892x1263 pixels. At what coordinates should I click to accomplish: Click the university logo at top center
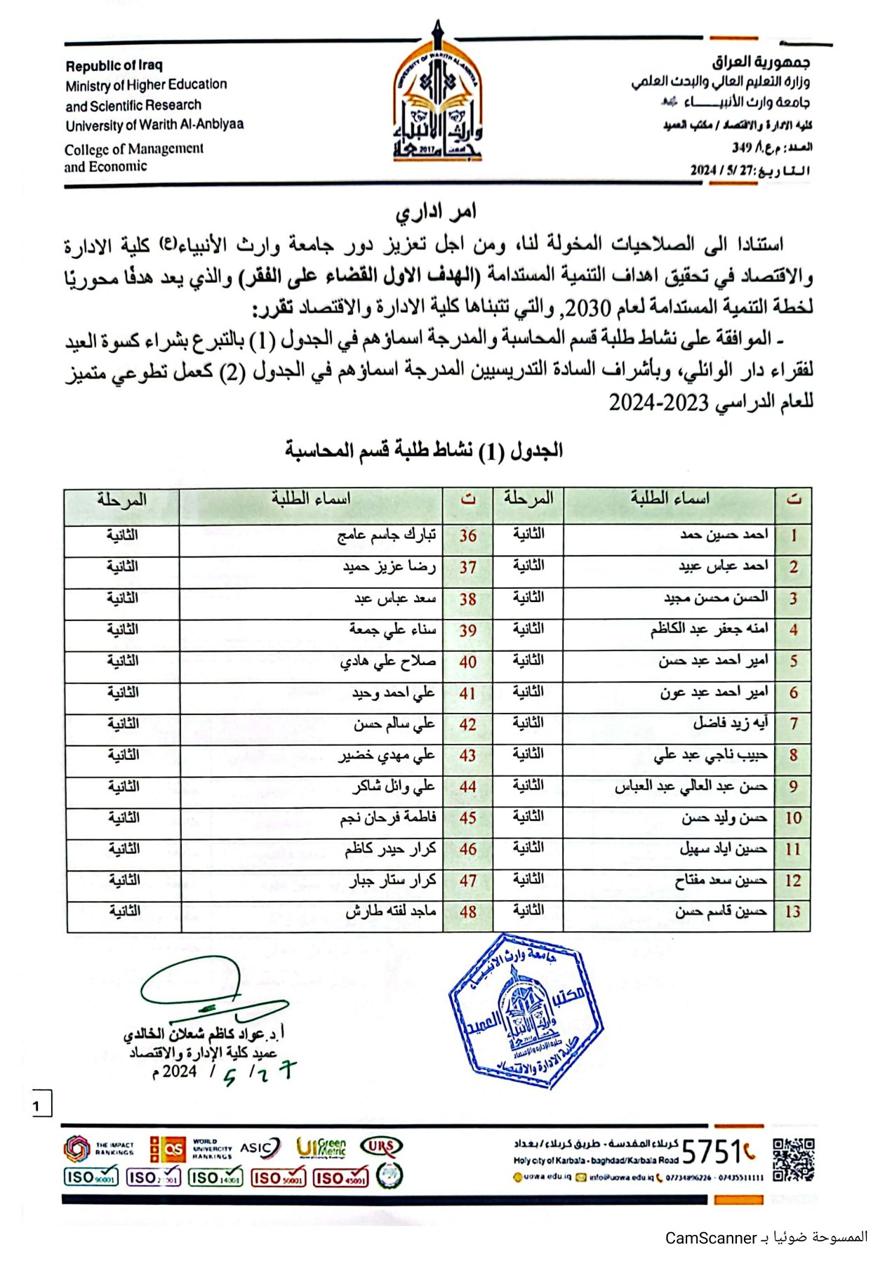pos(437,98)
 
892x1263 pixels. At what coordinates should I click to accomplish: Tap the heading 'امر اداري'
pos(435,211)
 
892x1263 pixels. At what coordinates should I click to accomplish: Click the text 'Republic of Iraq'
pos(114,66)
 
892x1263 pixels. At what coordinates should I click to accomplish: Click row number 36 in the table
pos(467,536)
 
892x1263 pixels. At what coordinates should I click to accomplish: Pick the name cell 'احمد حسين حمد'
pos(724,535)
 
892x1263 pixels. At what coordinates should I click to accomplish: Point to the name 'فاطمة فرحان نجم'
pos(388,818)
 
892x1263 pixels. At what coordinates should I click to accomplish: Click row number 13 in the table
pos(792,912)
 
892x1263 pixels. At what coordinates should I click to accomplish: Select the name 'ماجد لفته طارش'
pos(390,911)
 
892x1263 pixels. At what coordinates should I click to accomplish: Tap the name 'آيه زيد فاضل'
pos(731,723)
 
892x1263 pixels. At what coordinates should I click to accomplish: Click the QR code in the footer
pos(793,1160)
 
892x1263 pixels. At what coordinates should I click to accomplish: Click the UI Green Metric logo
pos(321,1148)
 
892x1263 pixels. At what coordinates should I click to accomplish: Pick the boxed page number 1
pos(37,1107)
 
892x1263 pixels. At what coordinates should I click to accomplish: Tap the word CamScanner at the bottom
pos(710,1238)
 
